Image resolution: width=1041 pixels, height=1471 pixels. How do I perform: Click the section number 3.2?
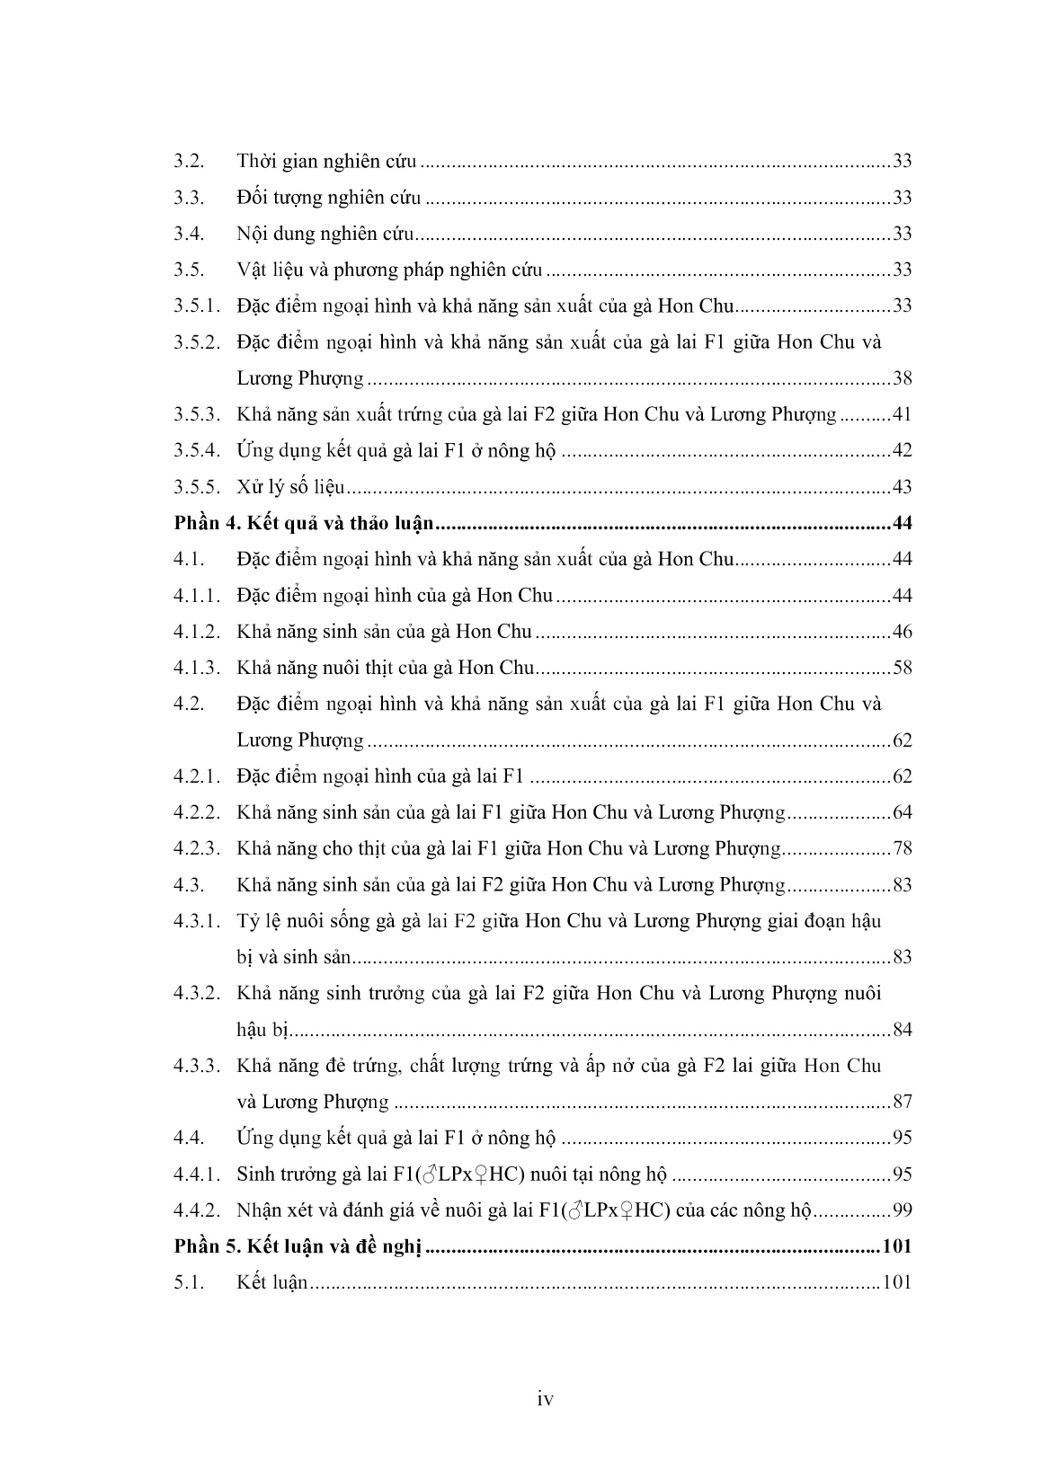tap(189, 162)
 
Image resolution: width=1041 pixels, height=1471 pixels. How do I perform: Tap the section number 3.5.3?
tap(196, 415)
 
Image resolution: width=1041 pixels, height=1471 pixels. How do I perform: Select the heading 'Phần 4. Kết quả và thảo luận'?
tap(304, 524)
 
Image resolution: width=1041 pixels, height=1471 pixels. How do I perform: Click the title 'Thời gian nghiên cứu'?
tap(326, 162)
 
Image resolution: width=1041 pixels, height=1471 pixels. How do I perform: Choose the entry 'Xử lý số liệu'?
tap(290, 487)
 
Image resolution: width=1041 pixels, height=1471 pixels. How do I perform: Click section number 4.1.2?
tap(196, 632)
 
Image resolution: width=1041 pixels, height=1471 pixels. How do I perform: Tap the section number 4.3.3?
tap(196, 1066)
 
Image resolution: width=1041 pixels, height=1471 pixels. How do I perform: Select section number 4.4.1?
tap(196, 1174)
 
